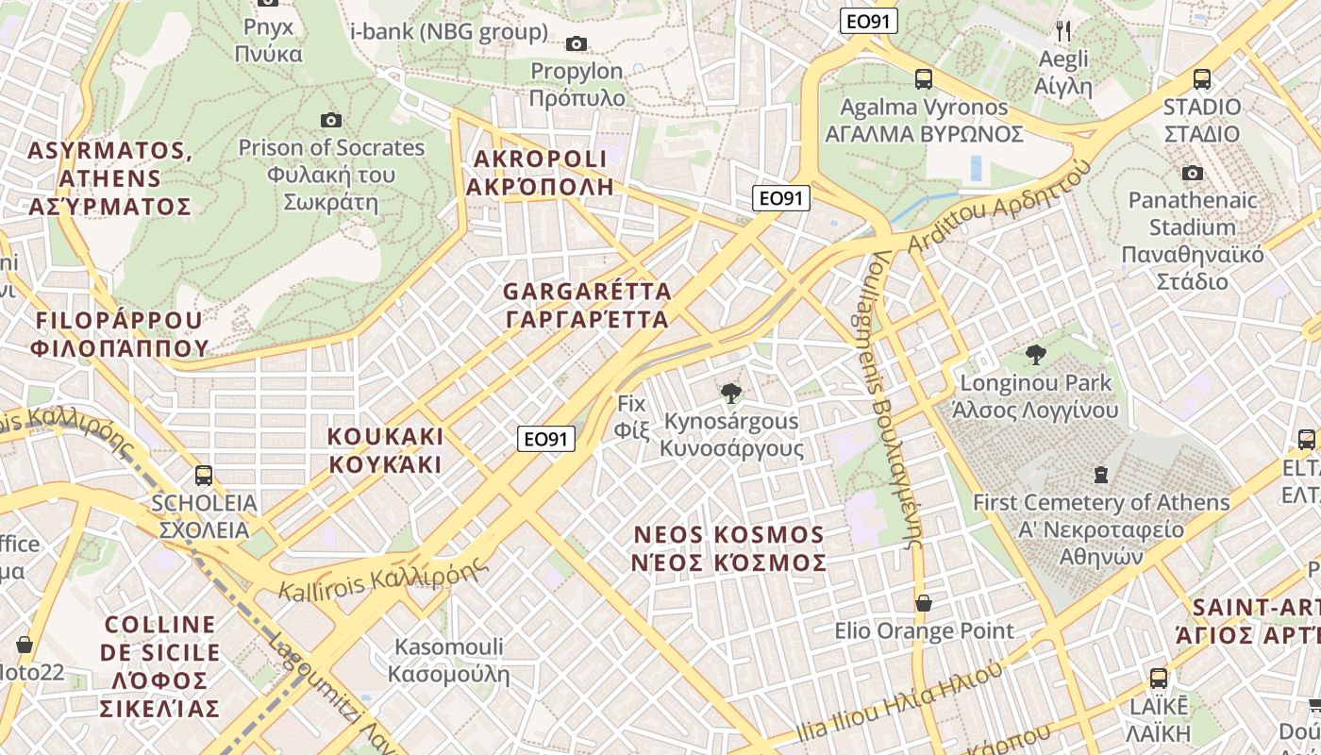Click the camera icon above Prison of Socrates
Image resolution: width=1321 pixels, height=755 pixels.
pyautogui.click(x=330, y=120)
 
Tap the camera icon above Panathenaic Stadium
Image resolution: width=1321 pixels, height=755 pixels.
pyautogui.click(x=1193, y=173)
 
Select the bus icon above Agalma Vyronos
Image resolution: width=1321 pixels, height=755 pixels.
pyautogui.click(x=924, y=79)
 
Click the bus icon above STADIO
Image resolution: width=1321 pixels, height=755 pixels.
pyautogui.click(x=1202, y=79)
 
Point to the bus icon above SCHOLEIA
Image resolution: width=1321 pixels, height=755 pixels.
pyautogui.click(x=204, y=475)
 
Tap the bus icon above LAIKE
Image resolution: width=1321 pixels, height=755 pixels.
pyautogui.click(x=1159, y=678)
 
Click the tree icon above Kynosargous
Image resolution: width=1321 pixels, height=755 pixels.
pyautogui.click(x=729, y=393)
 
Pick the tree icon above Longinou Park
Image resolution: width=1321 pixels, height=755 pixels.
pyautogui.click(x=1036, y=355)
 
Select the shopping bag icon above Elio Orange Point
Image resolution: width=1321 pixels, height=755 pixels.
pyautogui.click(x=924, y=603)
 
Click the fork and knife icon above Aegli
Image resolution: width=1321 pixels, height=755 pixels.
pyautogui.click(x=1063, y=31)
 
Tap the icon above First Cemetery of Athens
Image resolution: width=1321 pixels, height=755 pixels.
pyautogui.click(x=1100, y=474)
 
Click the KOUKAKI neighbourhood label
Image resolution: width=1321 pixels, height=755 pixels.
pyautogui.click(x=385, y=450)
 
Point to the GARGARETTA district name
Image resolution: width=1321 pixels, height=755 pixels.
pyautogui.click(x=587, y=305)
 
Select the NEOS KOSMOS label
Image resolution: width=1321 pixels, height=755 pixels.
pyautogui.click(x=729, y=548)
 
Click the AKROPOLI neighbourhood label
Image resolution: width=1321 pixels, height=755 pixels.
pyautogui.click(x=540, y=172)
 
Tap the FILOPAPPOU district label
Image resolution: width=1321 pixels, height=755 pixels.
pyautogui.click(x=119, y=334)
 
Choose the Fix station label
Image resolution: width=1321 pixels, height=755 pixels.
pyautogui.click(x=631, y=417)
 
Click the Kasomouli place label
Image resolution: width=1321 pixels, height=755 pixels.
pyautogui.click(x=448, y=661)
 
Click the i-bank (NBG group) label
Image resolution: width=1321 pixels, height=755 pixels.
pyautogui.click(x=448, y=31)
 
